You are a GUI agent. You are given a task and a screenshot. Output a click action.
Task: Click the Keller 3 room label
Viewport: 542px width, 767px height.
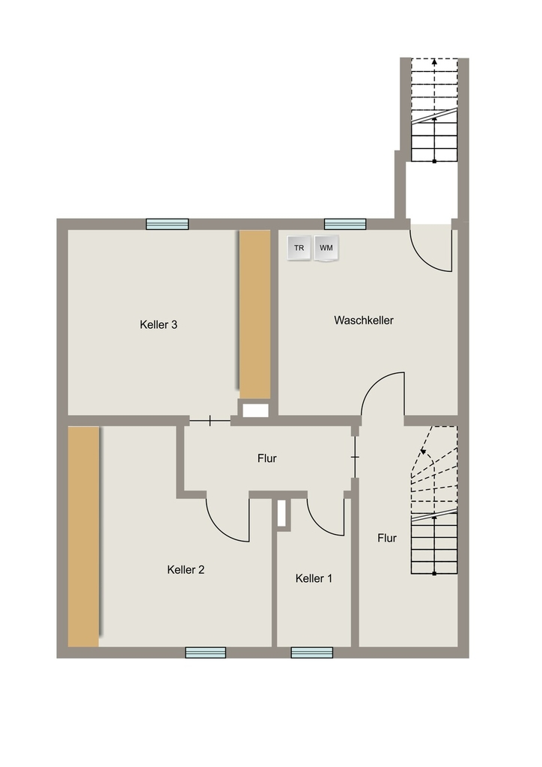click(159, 325)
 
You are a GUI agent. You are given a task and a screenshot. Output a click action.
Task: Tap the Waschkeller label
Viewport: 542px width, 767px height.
click(364, 321)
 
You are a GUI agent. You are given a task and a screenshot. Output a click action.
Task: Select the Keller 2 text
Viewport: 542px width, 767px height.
click(186, 570)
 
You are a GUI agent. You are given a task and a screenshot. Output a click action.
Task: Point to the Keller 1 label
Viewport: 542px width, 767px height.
click(314, 579)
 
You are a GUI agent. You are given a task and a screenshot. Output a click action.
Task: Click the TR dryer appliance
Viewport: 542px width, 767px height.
click(299, 248)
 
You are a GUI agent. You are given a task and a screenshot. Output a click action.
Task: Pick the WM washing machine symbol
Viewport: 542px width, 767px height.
click(326, 248)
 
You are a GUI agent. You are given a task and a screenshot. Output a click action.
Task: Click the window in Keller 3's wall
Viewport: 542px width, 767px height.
click(167, 224)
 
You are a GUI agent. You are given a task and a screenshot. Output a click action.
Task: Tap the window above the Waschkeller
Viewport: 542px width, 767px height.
click(345, 224)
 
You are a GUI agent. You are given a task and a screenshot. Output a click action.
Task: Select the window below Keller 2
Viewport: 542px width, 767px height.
click(206, 652)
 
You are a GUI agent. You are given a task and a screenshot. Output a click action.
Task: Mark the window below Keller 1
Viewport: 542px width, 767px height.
click(312, 652)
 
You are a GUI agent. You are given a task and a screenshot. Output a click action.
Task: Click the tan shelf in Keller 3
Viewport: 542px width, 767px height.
click(255, 314)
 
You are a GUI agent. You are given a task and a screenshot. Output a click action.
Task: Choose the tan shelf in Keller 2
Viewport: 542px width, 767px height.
click(84, 536)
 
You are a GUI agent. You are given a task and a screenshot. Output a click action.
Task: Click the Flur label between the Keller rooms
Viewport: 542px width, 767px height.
click(267, 458)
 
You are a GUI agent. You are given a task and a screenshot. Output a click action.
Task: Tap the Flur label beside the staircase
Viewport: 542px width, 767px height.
click(387, 538)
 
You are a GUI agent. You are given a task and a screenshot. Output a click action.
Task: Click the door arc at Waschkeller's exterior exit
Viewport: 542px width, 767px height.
click(423, 260)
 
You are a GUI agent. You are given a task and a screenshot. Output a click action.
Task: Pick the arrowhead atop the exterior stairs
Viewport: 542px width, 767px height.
click(434, 62)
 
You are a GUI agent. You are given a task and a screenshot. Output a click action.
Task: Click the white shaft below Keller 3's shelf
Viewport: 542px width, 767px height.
click(255, 410)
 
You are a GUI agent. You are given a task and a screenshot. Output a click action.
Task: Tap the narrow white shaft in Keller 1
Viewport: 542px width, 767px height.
click(281, 513)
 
